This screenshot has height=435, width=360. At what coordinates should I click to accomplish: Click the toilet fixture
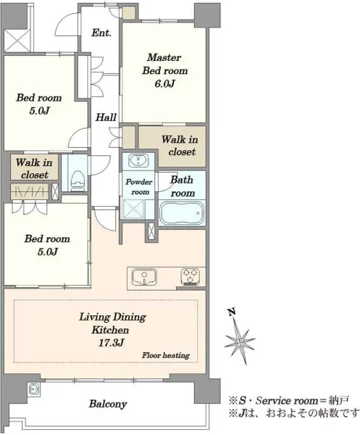pos(78,181)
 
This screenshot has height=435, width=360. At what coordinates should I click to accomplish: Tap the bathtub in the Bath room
pos(182,213)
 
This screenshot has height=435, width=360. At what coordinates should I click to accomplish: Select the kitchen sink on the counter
pos(144,277)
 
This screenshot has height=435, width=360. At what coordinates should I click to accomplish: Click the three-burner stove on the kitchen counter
pos(190,277)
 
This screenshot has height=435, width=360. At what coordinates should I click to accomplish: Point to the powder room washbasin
pos(138,161)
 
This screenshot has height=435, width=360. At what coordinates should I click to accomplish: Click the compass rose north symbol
pos(240,341)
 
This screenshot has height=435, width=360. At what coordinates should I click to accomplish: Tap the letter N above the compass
pos(232,312)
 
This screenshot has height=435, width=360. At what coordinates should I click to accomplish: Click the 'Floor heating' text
pos(166,355)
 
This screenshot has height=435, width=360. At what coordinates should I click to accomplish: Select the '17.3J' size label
pos(111,343)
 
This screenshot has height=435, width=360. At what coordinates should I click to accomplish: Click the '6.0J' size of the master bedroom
pos(164,83)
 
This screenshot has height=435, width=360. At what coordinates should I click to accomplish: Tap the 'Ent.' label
pos(101,33)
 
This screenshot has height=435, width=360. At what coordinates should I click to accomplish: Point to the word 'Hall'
pos(106,117)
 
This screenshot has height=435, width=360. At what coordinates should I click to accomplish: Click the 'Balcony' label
pos(108,404)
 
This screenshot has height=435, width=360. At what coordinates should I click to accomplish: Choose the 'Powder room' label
pos(139,187)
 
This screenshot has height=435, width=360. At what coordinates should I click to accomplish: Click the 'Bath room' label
pos(182,186)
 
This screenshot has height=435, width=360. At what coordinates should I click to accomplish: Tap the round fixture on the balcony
pos(34,389)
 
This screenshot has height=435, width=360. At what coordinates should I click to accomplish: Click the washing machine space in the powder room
pos(133,209)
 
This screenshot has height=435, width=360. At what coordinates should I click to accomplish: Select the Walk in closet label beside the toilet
pos(34,168)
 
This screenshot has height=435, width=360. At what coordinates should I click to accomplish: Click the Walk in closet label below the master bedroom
pos(180,146)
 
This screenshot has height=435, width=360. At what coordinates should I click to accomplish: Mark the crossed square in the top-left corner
pos(17,41)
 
